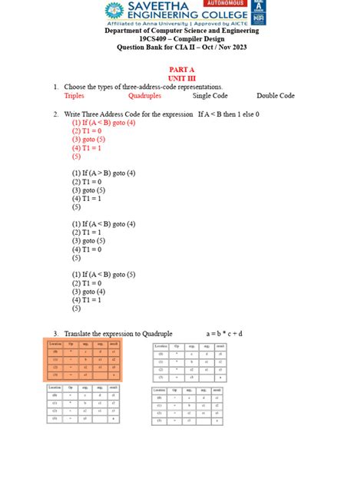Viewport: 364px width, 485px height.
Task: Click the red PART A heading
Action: [x=182, y=71]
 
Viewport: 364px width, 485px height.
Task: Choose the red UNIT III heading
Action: [x=182, y=79]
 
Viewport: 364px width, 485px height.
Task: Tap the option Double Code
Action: [x=276, y=96]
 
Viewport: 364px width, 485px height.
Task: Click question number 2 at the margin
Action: [x=56, y=114]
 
